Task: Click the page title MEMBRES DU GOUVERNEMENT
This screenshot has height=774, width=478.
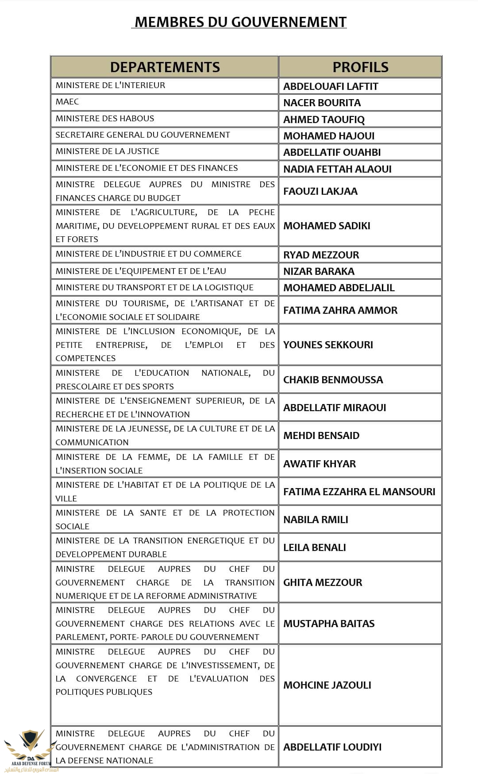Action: click(x=240, y=22)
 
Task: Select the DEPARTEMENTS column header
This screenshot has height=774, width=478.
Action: click(x=165, y=67)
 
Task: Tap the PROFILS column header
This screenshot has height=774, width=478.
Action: click(x=360, y=67)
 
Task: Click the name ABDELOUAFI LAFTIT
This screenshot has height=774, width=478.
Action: click(x=331, y=86)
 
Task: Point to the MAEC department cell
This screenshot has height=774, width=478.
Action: click(x=67, y=102)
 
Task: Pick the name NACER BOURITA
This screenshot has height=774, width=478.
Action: click(x=322, y=103)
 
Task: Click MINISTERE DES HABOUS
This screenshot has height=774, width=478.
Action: click(x=105, y=119)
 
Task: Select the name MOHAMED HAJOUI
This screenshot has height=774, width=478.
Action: click(x=329, y=136)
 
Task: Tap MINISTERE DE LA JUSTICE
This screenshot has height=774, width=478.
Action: click(x=108, y=151)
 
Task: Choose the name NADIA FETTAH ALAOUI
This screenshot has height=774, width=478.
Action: click(x=337, y=169)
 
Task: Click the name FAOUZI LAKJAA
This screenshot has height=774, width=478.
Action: click(x=320, y=191)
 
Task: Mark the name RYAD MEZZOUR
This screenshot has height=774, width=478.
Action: click(x=321, y=255)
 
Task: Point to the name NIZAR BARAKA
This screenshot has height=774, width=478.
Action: click(x=319, y=271)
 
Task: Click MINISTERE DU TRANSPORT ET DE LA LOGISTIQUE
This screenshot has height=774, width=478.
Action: click(x=154, y=288)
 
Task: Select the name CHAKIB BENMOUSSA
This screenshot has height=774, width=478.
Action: click(x=333, y=380)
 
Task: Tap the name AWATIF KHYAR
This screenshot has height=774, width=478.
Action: click(x=320, y=464)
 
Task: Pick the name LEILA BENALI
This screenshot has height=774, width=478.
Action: click(x=315, y=547)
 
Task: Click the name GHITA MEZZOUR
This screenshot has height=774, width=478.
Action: click(x=323, y=582)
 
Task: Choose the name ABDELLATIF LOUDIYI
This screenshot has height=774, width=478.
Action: click(x=332, y=747)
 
